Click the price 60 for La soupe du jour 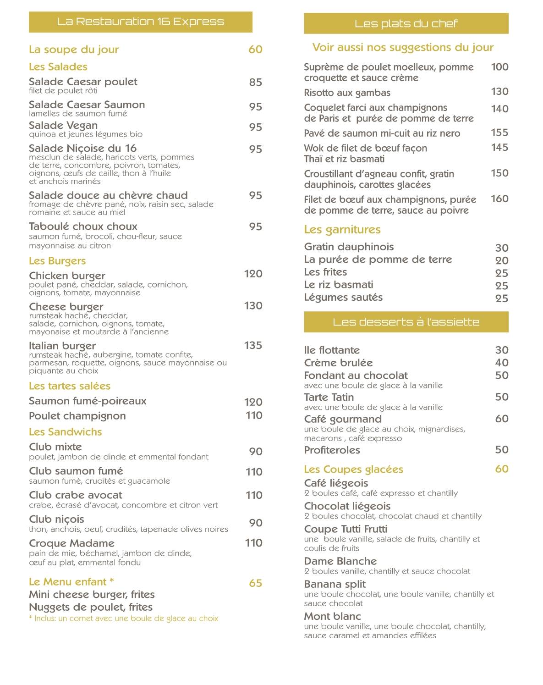pyautogui.click(x=255, y=50)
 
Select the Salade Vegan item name pyautogui.click(x=63, y=126)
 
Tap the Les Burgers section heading pyautogui.click(x=57, y=261)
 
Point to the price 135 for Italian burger pyautogui.click(x=253, y=345)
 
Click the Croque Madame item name pyautogui.click(x=71, y=543)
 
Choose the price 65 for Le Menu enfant pyautogui.click(x=255, y=583)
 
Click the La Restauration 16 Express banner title pyautogui.click(x=140, y=22)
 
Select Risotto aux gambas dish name pyautogui.click(x=347, y=93)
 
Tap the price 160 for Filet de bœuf pyautogui.click(x=499, y=199)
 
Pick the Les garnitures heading pyautogui.click(x=342, y=229)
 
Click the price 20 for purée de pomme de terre pyautogui.click(x=502, y=260)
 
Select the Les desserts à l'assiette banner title pyautogui.click(x=406, y=322)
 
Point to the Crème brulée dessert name pyautogui.click(x=338, y=363)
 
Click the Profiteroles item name pyautogui.click(x=332, y=450)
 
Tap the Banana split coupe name pyautogui.click(x=335, y=584)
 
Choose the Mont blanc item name pyautogui.click(x=332, y=616)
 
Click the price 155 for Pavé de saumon pyautogui.click(x=499, y=133)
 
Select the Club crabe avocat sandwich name pyautogui.click(x=76, y=495)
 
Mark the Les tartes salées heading pyautogui.click(x=70, y=386)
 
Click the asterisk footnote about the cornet pyautogui.click(x=124, y=619)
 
